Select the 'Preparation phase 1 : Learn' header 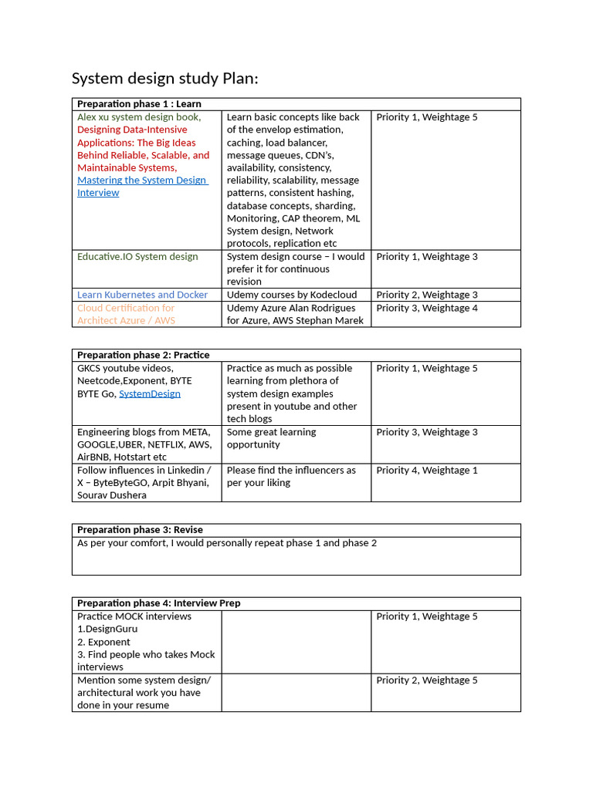pos(139,104)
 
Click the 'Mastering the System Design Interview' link pos(142,187)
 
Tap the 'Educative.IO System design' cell pos(137,256)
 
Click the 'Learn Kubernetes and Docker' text pos(142,295)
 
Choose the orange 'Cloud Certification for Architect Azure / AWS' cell pos(126,314)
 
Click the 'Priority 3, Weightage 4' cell pos(427,308)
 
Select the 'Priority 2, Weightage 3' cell pos(427,295)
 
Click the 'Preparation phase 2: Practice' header pos(143,355)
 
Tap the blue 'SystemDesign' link pos(150,393)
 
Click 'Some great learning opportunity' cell pos(271,438)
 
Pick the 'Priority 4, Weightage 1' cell pos(427,470)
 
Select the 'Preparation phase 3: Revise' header pos(140,530)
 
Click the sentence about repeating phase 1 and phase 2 pos(227,543)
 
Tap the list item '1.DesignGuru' pos(107,629)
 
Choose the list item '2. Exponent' pos(103,642)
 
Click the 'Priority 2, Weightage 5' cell pos(427,680)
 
